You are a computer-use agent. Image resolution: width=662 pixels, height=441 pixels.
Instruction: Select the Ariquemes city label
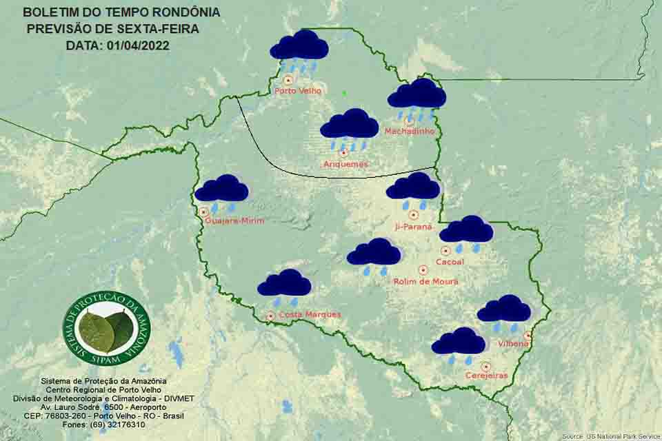pos(345,164)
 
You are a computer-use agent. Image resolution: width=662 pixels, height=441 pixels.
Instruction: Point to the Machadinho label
pos(410,131)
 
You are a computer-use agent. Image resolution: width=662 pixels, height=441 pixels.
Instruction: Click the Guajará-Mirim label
pos(234,220)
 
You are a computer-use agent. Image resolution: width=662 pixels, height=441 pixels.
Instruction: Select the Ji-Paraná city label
pos(414,226)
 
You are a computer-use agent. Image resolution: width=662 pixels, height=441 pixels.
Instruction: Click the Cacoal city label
pos(450,262)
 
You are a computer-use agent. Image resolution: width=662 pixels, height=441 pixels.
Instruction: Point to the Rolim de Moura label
pos(425,281)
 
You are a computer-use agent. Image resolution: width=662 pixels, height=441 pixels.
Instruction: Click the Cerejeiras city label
pos(486,376)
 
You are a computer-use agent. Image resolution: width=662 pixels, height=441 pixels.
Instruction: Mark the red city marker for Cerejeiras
pos(486,367)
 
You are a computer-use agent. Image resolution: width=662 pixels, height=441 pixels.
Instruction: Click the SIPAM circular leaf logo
pos(106,328)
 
